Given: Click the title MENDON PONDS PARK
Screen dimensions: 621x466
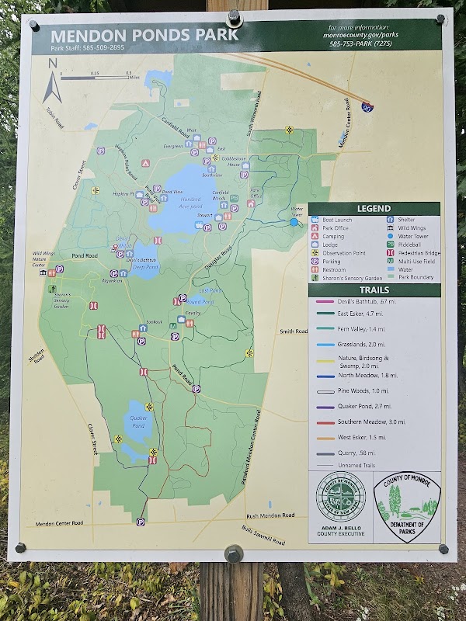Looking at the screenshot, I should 144,36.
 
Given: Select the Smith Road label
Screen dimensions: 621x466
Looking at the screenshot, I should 293,331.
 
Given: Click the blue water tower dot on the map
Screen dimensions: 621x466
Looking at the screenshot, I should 294,222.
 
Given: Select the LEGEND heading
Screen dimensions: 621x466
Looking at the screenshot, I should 374,209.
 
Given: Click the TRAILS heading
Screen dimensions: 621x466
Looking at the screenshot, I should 374,290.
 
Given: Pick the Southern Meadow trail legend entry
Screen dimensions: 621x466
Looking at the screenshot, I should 359,423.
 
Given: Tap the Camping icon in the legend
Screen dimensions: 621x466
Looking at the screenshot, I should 315,236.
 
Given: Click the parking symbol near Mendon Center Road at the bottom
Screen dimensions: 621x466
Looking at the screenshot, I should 141,522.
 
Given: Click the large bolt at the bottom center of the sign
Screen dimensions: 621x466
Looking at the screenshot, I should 233,554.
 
